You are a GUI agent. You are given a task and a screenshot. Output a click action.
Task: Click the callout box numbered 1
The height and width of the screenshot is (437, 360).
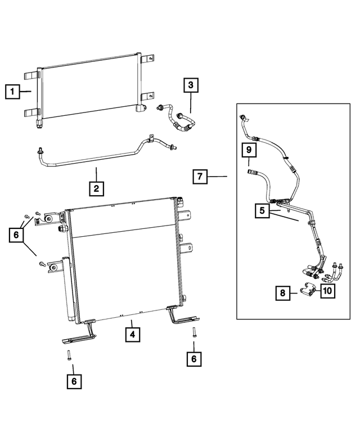point(12,92)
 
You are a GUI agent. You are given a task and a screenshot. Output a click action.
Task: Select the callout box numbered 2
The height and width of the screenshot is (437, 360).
point(96,188)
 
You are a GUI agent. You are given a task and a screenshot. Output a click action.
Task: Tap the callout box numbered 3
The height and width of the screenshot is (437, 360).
point(191,85)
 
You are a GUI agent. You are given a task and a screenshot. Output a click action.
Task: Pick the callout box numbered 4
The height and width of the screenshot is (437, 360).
point(133,335)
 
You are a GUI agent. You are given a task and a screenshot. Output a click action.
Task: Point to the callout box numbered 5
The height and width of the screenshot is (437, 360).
point(262,211)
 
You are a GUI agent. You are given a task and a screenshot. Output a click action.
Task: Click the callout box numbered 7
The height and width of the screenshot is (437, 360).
point(200,177)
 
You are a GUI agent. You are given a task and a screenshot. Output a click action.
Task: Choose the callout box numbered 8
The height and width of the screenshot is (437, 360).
point(283,293)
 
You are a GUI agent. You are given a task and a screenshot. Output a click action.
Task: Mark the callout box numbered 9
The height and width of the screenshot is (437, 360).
point(249,150)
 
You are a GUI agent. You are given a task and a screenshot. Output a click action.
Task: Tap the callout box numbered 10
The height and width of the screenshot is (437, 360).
point(327,291)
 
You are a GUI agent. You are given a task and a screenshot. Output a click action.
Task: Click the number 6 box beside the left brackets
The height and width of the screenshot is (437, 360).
point(16,235)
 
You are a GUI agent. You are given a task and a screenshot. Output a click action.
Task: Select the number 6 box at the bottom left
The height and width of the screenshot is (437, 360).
point(74,381)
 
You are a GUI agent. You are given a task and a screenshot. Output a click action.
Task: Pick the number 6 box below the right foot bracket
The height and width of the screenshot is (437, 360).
point(194,359)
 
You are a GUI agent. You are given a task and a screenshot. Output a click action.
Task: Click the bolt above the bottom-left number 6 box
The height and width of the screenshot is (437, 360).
point(69,355)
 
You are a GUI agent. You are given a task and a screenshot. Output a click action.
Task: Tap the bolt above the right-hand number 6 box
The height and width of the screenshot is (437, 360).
point(193,333)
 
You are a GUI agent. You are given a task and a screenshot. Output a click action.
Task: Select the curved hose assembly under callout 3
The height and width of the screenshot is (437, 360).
point(177,118)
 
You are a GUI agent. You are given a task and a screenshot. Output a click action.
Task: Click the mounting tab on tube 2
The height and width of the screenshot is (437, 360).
point(151,138)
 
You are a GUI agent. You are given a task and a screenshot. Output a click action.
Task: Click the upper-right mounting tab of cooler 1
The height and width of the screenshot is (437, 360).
point(148,59)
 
